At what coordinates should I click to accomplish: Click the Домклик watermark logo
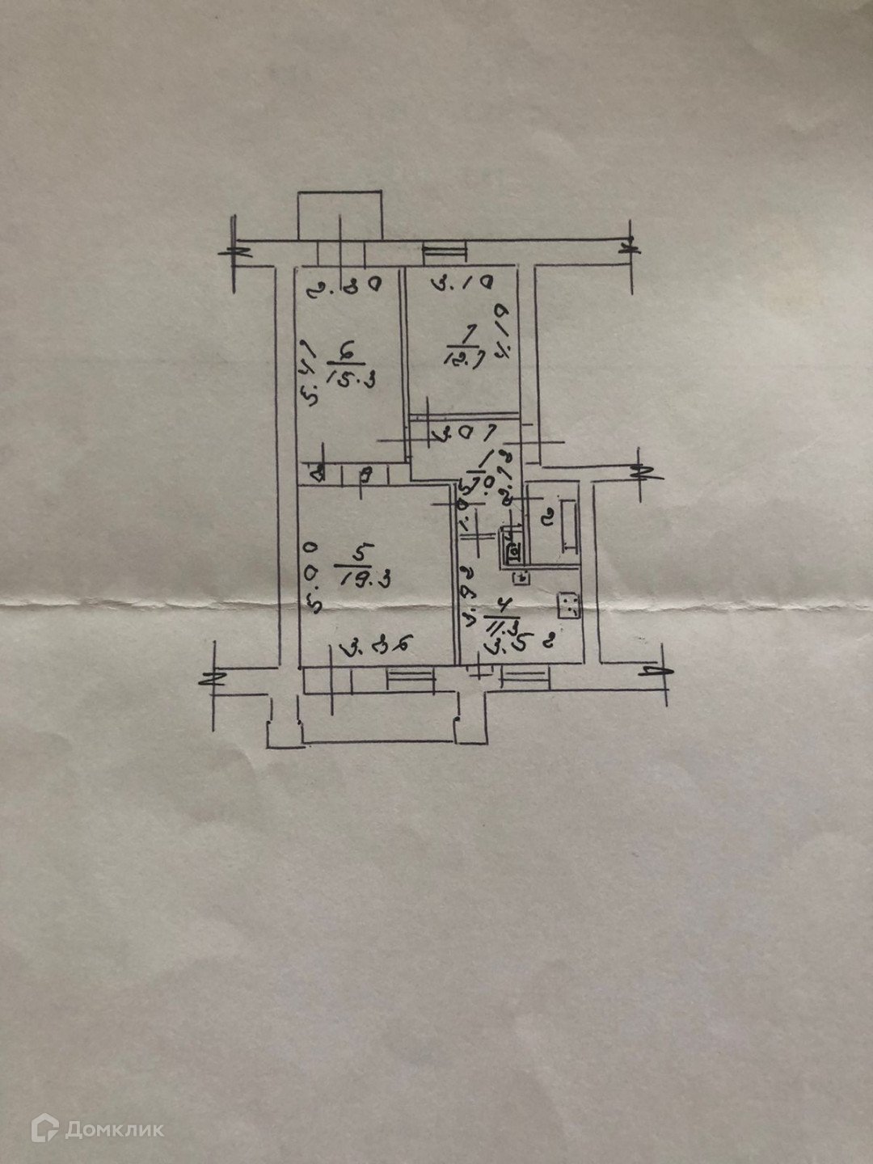[97, 1128]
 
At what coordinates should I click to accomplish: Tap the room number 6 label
[346, 351]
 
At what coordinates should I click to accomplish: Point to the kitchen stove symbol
[569, 605]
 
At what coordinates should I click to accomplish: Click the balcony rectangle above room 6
[339, 215]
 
